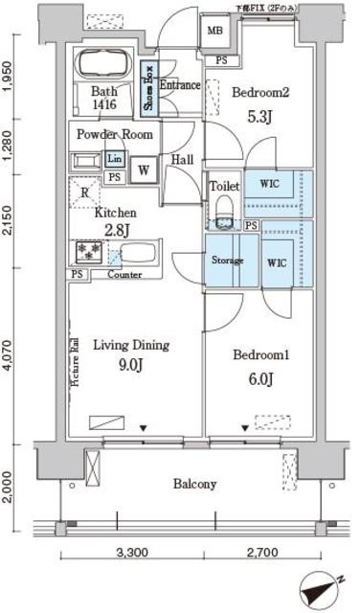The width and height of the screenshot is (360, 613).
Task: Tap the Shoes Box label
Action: (x=148, y=85)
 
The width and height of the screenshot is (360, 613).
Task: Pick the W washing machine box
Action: (x=144, y=169)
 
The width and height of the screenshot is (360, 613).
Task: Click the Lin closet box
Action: (x=114, y=159)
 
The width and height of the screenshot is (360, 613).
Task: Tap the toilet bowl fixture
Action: (x=225, y=210)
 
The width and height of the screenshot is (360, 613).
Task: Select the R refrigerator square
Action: (x=86, y=191)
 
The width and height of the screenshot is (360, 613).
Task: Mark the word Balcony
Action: (x=194, y=484)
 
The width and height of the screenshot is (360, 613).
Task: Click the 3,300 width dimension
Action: (x=133, y=554)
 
